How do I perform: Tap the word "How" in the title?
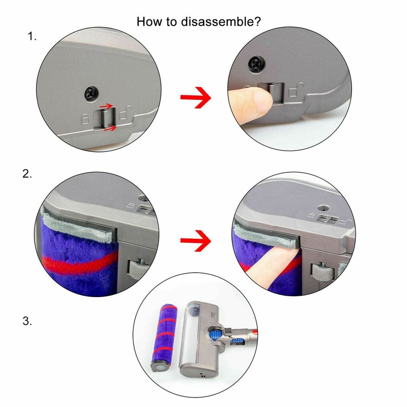coord(148,21)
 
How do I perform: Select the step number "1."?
coord(32,37)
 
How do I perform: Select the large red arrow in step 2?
coord(195,240)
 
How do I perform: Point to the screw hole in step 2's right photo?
coord(322,208)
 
